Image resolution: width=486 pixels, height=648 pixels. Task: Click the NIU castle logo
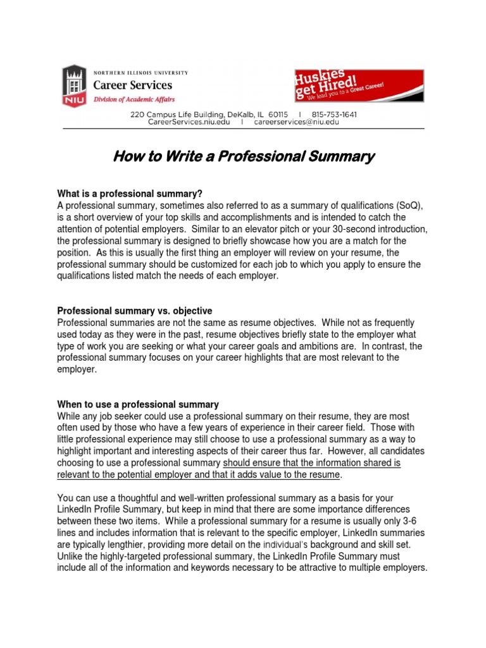74,87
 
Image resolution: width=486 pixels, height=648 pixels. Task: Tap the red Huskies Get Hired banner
359,85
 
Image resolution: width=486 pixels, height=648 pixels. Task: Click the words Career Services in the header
133,85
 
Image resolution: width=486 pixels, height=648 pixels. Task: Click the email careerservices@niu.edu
296,122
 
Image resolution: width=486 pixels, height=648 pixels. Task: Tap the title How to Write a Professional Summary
244,156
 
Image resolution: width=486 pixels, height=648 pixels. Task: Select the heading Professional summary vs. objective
135,311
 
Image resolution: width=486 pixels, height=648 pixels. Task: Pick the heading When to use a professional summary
138,404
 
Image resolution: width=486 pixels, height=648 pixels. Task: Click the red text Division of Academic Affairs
134,100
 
